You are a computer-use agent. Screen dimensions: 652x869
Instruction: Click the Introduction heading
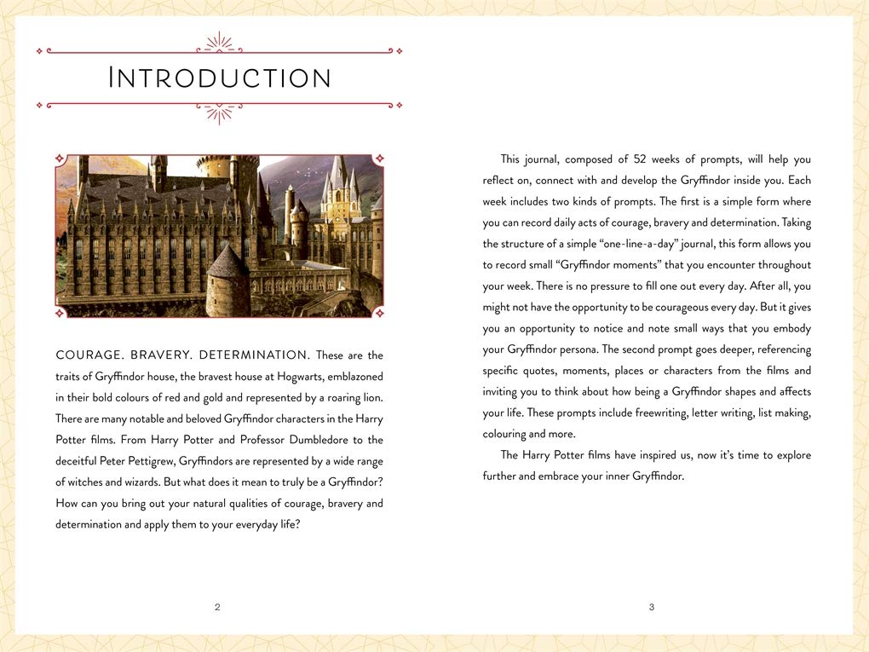[220, 78]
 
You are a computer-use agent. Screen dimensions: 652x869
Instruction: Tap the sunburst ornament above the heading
[220, 43]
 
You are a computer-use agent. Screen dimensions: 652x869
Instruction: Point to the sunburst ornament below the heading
[220, 113]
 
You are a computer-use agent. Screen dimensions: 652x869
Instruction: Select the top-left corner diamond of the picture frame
[60, 159]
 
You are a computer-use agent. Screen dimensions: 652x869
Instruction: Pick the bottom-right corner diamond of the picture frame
[379, 314]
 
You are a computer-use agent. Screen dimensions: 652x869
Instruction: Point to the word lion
[371, 398]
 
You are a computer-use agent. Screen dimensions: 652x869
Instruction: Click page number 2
[217, 607]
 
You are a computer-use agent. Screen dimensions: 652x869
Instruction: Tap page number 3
[652, 607]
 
